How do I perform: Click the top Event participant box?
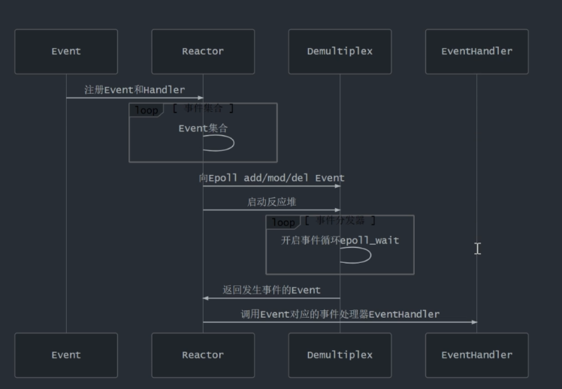66,52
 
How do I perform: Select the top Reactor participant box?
203,52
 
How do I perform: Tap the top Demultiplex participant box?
340,52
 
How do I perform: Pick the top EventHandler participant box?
476,52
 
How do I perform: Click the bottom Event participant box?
66,355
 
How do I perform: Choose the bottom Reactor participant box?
203,355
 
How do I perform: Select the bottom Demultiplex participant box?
340,355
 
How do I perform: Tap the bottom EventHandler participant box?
476,355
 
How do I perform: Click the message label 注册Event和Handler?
134,89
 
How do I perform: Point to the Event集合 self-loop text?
203,128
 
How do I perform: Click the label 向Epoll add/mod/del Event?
271,178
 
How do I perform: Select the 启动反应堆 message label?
271,201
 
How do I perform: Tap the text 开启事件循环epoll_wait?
340,240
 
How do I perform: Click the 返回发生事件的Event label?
271,290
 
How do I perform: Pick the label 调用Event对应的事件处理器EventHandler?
340,314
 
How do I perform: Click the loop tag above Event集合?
146,110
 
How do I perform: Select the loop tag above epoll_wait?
283,222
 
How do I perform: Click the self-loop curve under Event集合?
222,143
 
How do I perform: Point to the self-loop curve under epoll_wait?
359,255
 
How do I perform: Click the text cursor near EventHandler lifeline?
477,248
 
